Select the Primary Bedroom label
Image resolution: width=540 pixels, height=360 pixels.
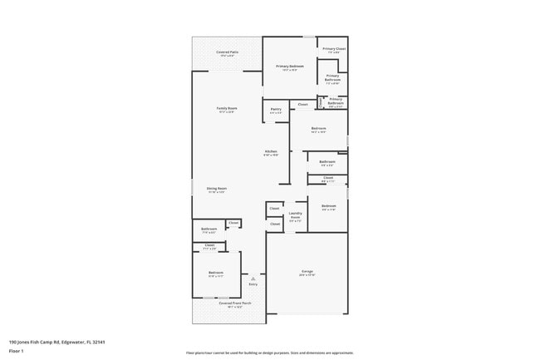pos(290,66)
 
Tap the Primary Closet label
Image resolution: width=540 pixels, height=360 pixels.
pos(334,49)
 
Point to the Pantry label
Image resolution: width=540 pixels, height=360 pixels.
pos(276,109)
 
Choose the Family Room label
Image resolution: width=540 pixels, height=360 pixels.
pos(227,108)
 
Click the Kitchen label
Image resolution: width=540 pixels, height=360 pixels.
pos(271,150)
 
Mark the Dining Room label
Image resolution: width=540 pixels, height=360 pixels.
pos(217,188)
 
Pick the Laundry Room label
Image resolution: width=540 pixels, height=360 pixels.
pos(295,215)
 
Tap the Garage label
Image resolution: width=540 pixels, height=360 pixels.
pos(307,272)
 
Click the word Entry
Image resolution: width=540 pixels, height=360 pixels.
pos(253,284)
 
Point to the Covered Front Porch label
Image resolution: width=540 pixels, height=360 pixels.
pos(235,303)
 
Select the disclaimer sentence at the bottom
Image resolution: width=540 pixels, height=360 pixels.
pos(269,353)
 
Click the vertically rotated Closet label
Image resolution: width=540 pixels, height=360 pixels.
pos(321,102)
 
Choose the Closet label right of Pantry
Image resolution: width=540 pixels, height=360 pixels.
pos(302,105)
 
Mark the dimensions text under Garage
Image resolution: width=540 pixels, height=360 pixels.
pos(307,276)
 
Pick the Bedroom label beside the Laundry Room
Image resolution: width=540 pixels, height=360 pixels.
pos(328,205)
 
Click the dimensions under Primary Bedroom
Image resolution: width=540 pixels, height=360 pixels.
pos(290,70)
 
